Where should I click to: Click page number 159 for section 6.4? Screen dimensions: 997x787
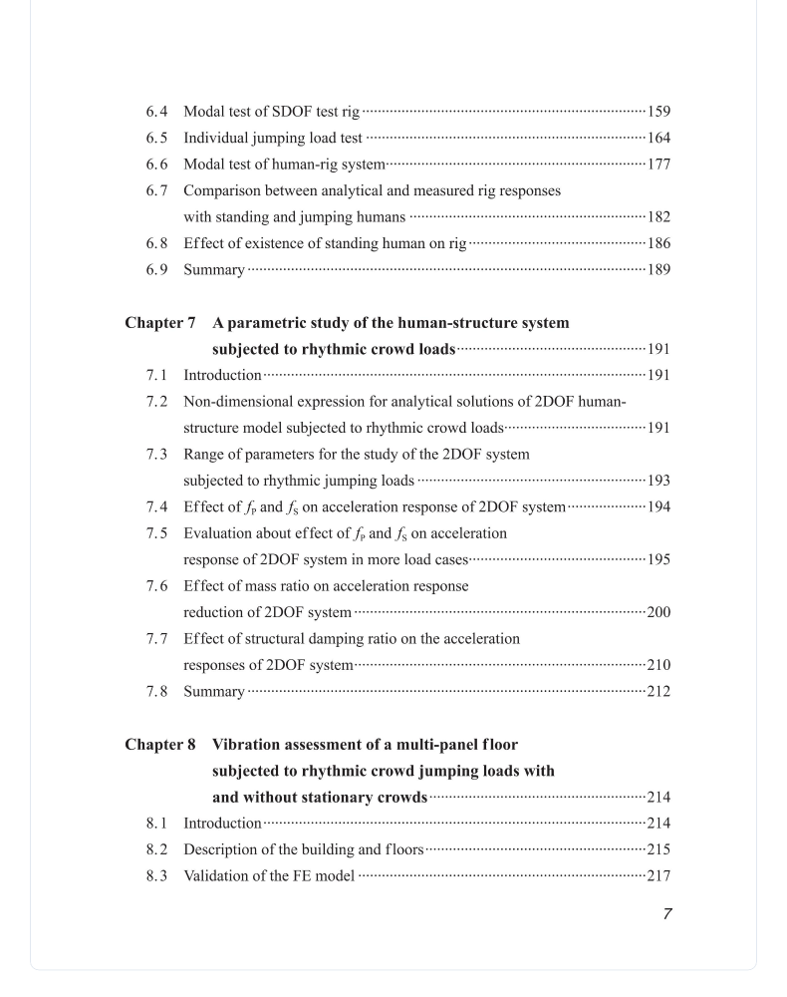coord(658,112)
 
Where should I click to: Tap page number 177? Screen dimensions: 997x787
coord(658,165)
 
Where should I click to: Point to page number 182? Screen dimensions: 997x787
coord(658,217)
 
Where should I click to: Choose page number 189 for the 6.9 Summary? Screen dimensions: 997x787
coord(658,270)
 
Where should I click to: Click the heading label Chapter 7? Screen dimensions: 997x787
coord(160,323)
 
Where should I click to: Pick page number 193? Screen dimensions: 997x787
coord(658,481)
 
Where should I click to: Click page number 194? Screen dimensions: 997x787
coord(658,506)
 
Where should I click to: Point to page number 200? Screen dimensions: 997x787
coord(658,612)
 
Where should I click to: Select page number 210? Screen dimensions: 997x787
coord(658,665)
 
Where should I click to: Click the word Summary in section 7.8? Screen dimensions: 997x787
coord(213,692)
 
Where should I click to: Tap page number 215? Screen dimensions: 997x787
coord(658,850)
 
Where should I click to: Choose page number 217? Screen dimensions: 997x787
coord(658,876)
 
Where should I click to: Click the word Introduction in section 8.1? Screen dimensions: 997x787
coord(222,824)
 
